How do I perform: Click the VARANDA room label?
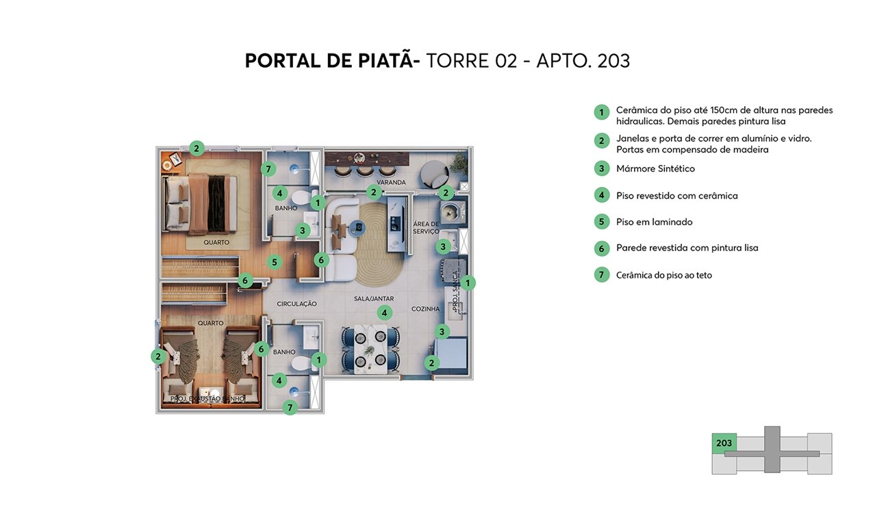pos(391,183)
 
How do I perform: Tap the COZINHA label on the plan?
pos(425,309)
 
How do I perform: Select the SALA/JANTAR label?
pos(374,299)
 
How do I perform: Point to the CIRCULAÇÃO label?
pos(297,303)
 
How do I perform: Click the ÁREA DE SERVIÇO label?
pos(426,227)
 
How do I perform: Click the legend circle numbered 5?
pos(602,222)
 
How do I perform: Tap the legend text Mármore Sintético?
pos(655,169)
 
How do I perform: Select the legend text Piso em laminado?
pos(655,222)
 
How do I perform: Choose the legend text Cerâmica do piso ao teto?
pos(664,275)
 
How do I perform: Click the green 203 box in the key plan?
pos(724,443)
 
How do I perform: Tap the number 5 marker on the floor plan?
pos(275,262)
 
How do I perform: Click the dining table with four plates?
pos(370,349)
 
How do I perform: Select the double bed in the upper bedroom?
pos(201,204)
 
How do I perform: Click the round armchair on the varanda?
pos(434,175)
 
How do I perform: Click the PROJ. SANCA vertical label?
pos(455,291)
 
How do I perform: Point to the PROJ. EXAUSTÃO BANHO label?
pos(207,399)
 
